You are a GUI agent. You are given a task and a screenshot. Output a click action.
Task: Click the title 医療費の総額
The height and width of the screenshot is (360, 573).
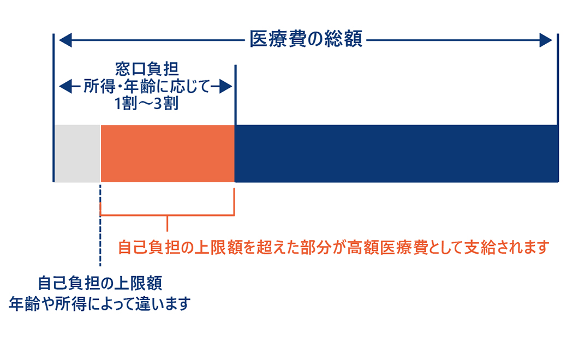(x=306, y=39)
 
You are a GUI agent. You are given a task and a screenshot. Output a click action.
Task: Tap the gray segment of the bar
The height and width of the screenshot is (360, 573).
(x=77, y=153)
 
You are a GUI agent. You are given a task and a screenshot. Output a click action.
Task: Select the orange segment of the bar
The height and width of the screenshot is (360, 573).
(x=168, y=153)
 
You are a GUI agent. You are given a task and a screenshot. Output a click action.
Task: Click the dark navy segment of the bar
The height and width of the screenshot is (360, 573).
(x=397, y=153)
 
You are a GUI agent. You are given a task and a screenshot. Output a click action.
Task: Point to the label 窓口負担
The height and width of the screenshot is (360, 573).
(x=147, y=69)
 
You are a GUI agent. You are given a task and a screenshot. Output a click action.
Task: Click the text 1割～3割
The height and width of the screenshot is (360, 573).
(x=147, y=104)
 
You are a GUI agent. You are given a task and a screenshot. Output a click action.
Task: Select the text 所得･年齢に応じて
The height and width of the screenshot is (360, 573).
(x=147, y=87)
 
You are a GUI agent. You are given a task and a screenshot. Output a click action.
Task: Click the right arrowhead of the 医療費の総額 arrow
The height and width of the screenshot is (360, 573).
(x=546, y=40)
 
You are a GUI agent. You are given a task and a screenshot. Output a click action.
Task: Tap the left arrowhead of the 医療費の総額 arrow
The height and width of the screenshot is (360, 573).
(x=65, y=40)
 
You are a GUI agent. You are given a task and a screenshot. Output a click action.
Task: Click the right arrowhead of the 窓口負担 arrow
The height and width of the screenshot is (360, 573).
(x=226, y=87)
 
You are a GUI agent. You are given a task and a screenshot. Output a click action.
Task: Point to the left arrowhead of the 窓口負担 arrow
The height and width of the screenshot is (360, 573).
(x=65, y=87)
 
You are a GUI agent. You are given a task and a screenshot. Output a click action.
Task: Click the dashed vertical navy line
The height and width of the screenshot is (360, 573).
(x=100, y=225)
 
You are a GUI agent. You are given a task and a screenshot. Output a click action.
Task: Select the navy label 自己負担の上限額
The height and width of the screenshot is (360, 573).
(x=100, y=283)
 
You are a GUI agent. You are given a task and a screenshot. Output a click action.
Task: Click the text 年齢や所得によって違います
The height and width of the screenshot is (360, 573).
(x=100, y=304)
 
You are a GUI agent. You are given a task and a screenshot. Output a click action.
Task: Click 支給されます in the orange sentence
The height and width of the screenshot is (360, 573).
(x=507, y=247)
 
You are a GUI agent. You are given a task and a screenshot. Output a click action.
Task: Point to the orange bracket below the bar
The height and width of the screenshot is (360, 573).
(x=167, y=215)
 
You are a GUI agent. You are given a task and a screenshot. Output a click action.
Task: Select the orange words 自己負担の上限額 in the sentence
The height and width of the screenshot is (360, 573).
(x=178, y=247)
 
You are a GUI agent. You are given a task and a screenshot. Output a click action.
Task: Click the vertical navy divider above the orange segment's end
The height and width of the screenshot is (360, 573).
(x=235, y=95)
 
